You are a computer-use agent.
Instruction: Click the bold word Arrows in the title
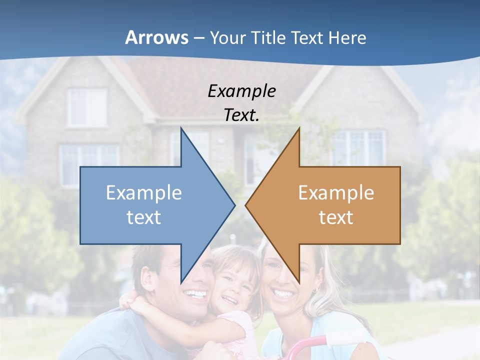(x=156, y=37)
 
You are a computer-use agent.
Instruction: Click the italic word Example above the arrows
(x=241, y=91)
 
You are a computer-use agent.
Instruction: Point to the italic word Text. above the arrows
(x=241, y=115)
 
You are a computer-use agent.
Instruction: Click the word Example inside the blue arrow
(x=144, y=192)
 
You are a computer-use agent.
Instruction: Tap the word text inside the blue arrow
(x=144, y=217)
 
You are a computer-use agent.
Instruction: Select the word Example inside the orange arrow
(x=336, y=192)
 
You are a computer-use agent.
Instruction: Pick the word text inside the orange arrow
(x=336, y=217)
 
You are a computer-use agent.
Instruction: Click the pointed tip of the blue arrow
(x=234, y=204)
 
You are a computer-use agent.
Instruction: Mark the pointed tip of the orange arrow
(x=246, y=204)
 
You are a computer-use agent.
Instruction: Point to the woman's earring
(x=315, y=290)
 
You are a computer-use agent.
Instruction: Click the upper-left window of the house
(x=87, y=106)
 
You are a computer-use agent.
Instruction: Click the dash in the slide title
(x=198, y=38)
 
